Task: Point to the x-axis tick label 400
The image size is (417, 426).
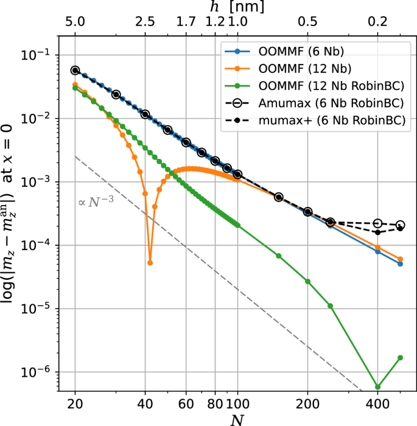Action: pyautogui.click(x=377, y=403)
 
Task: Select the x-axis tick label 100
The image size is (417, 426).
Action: pyautogui.click(x=237, y=403)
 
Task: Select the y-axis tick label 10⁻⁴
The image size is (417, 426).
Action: pyautogui.click(x=43, y=246)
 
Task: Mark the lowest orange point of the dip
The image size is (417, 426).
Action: pyautogui.click(x=150, y=263)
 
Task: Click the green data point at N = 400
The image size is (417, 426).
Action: pyautogui.click(x=377, y=387)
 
